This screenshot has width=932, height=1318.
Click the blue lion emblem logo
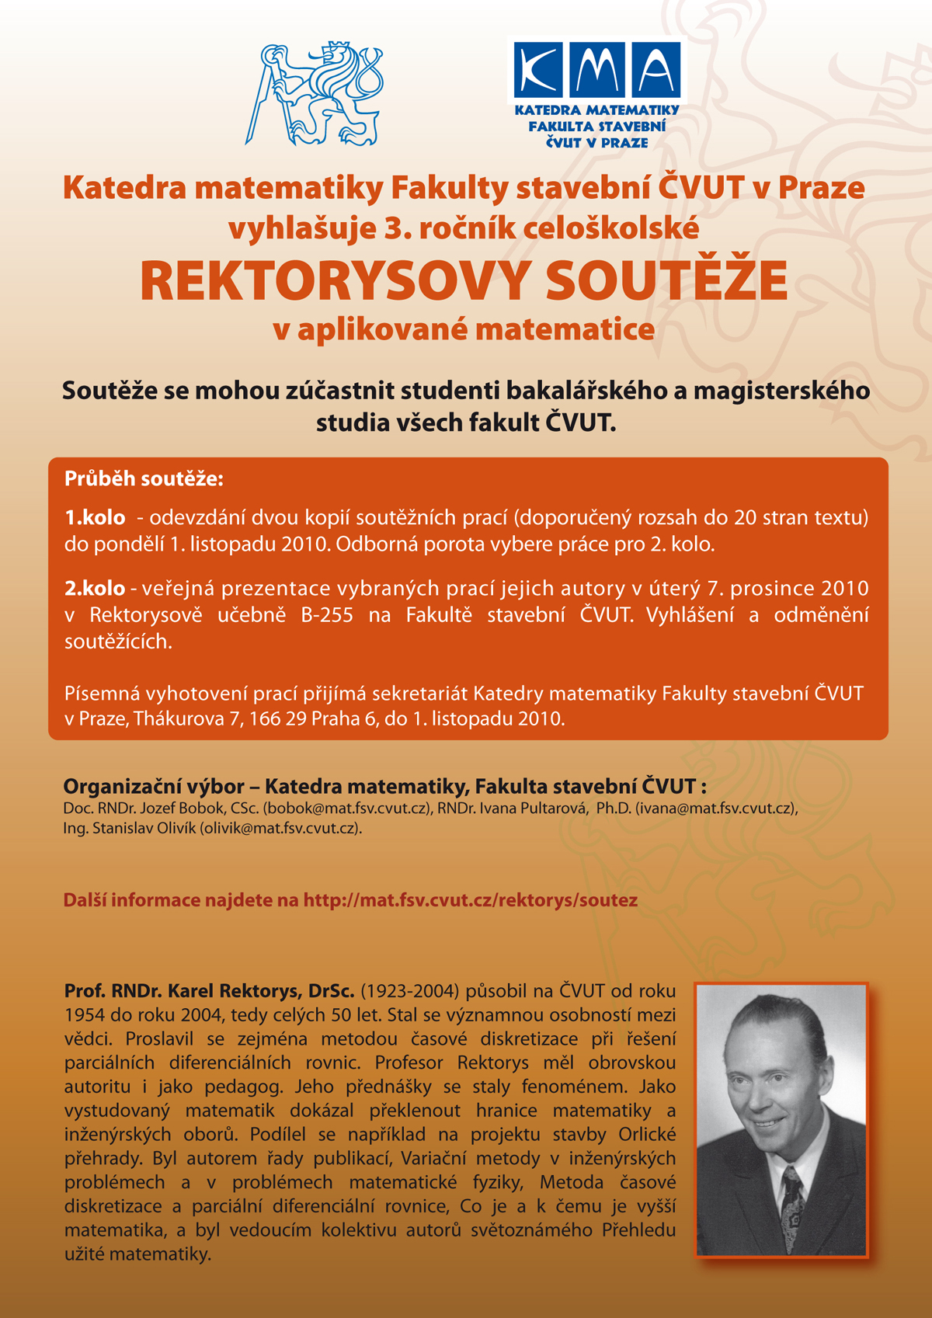(315, 95)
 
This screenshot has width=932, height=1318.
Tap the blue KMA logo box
(596, 71)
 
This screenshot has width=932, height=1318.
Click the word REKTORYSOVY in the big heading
(336, 281)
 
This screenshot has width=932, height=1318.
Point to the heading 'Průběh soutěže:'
(144, 478)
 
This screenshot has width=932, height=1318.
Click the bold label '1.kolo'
(95, 518)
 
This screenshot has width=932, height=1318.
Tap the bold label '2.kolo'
(95, 588)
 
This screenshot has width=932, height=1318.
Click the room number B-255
(327, 615)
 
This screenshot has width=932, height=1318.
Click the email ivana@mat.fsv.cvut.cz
(715, 809)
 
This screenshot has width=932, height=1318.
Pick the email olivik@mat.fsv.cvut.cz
(280, 828)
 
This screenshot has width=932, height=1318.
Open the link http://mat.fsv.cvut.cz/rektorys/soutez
(470, 900)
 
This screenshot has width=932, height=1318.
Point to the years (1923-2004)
(411, 991)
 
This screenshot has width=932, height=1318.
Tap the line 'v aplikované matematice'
(464, 329)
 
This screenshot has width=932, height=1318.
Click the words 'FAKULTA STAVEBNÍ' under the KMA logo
(596, 127)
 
